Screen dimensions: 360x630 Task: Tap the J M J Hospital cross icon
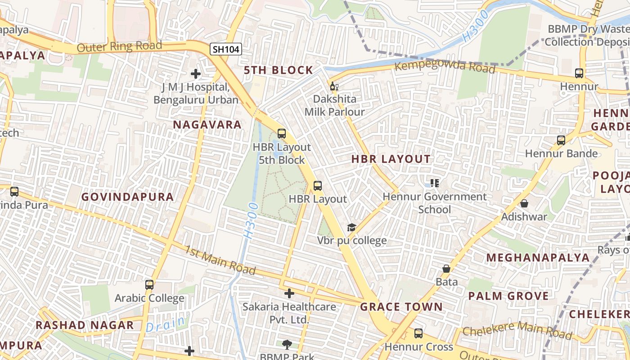195,73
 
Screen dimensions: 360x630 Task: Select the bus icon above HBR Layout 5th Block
282,134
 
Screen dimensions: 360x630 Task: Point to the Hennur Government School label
434,203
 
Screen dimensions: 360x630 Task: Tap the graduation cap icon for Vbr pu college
351,228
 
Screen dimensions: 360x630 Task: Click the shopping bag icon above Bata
446,269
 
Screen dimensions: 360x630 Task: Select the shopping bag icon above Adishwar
524,204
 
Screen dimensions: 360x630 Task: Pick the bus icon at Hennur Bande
561,140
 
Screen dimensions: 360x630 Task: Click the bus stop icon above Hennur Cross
418,333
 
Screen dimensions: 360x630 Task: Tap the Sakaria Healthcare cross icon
289,294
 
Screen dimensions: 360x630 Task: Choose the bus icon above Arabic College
149,285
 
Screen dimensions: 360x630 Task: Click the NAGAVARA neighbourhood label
207,125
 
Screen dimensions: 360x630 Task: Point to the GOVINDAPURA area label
127,197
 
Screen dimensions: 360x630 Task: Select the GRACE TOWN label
401,307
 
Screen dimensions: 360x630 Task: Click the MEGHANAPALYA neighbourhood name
538,257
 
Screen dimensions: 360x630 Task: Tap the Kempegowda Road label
445,67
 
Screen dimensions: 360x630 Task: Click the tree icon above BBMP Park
287,345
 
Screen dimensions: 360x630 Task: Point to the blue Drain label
166,324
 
